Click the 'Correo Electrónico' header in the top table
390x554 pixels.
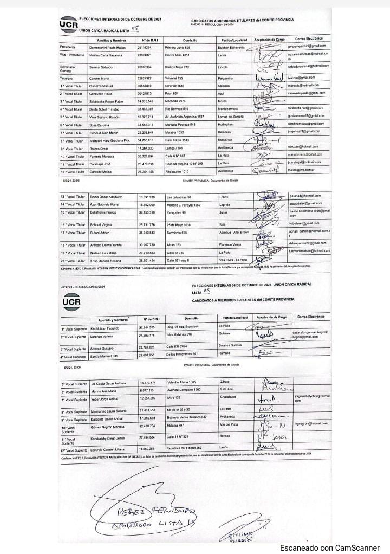click(308, 40)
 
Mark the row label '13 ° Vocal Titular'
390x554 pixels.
click(73, 196)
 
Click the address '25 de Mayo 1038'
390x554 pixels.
click(180, 224)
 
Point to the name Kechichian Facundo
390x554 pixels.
click(107, 328)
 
